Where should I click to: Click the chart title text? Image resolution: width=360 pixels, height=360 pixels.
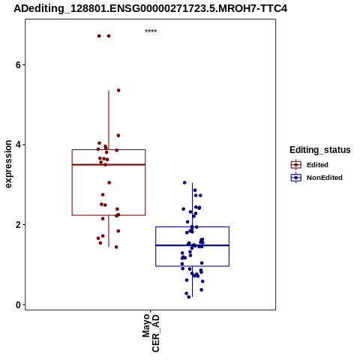click(x=150, y=8)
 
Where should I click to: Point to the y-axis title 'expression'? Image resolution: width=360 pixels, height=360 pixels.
click(x=8, y=164)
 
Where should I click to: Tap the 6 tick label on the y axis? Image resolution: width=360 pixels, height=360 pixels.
click(x=18, y=64)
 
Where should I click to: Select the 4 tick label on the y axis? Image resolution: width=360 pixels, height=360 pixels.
click(x=18, y=145)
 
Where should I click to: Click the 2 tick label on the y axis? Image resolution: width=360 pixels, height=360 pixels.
click(x=18, y=225)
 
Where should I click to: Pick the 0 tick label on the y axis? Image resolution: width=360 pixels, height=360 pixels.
click(x=18, y=304)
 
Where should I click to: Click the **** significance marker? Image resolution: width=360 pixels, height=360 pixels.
click(x=151, y=31)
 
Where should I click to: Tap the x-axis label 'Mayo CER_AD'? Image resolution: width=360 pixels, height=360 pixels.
click(x=151, y=333)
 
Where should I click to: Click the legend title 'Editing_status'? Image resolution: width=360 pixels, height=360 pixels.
click(x=319, y=150)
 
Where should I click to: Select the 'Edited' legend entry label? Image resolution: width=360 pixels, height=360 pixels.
click(x=317, y=165)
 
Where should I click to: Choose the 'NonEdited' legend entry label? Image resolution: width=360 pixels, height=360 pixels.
click(x=325, y=178)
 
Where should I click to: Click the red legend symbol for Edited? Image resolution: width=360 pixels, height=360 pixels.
click(x=296, y=165)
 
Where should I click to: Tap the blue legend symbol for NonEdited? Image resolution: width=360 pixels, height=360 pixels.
click(x=296, y=178)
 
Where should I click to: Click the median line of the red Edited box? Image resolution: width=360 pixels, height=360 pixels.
click(x=109, y=164)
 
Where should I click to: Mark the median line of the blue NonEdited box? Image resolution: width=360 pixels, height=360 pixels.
click(x=192, y=245)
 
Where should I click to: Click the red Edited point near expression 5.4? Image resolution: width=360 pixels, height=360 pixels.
click(x=118, y=90)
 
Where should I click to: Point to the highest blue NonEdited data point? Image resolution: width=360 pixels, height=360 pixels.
click(x=184, y=183)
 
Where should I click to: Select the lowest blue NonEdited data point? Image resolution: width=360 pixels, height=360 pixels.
click(x=189, y=297)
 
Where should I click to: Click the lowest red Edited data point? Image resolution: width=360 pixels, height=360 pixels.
click(x=116, y=247)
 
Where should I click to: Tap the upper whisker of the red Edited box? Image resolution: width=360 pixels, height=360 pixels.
click(x=109, y=120)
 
